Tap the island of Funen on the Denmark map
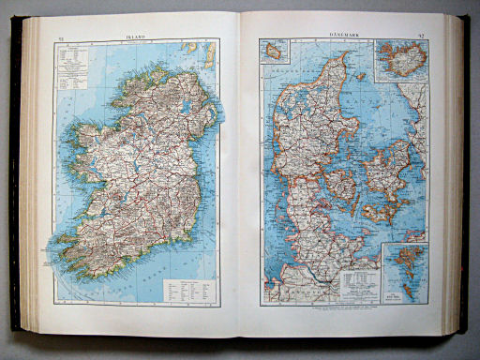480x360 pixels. (x=339, y=187)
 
